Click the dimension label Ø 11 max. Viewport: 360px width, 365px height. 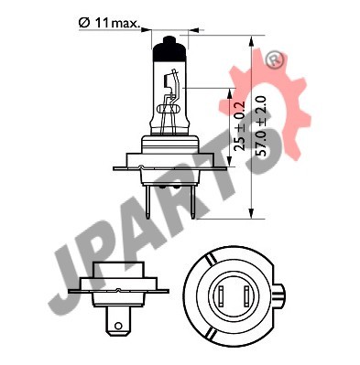pyautogui.click(x=108, y=23)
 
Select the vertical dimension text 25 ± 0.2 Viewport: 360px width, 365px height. pyautogui.click(x=241, y=125)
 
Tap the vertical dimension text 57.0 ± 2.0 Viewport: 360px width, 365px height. pyautogui.click(x=262, y=126)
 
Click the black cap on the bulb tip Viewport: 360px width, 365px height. pyautogui.click(x=169, y=49)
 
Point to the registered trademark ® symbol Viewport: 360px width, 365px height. pyautogui.click(x=275, y=60)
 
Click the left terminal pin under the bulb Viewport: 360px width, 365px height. pyautogui.click(x=147, y=201)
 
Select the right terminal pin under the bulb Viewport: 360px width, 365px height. pyautogui.click(x=193, y=201)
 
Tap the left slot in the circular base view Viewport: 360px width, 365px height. pyautogui.click(x=221, y=296)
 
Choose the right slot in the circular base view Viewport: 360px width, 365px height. pyautogui.click(x=246, y=296)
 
